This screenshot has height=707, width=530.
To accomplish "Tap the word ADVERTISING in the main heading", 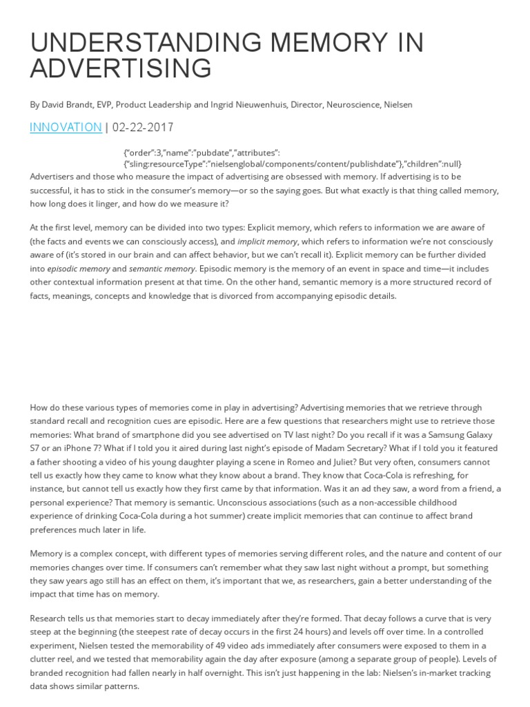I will (x=121, y=69).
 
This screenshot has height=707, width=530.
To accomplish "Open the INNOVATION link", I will (x=66, y=127).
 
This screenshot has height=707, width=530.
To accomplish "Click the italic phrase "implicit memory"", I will (x=267, y=242).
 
